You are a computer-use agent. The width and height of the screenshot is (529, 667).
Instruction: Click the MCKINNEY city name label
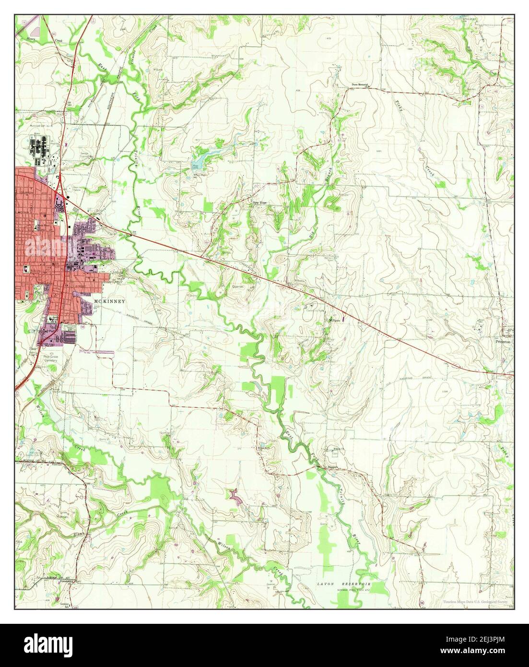tap(110, 301)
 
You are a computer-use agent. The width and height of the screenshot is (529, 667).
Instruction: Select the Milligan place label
tap(334, 320)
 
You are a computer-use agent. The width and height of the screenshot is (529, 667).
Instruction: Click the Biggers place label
tap(334, 465)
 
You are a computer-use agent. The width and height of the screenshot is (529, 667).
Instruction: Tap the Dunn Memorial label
tap(359, 85)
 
